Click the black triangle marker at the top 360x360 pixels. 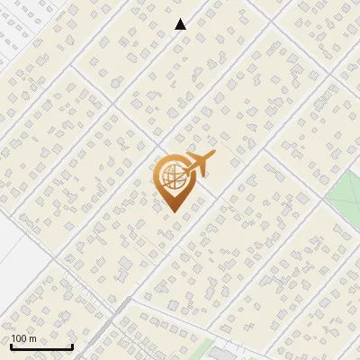[x=181, y=24]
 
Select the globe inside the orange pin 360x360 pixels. [x=172, y=176]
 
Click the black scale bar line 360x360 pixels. [x=41, y=346]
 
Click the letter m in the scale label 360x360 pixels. [x=32, y=338]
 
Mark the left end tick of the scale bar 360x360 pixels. [x=11, y=346]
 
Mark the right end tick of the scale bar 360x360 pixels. [x=72, y=346]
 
